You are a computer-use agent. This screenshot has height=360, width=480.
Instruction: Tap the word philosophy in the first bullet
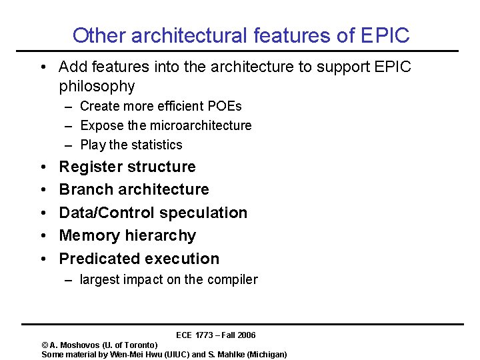coord(97,87)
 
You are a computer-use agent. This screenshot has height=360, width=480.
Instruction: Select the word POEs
coord(225,106)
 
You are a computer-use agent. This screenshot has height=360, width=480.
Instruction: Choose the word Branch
coord(85,189)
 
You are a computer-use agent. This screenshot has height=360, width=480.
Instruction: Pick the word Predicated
coord(96,259)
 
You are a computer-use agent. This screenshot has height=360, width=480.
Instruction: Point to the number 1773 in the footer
coord(205,335)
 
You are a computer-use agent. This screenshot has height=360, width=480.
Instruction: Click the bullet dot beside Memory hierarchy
coord(43,236)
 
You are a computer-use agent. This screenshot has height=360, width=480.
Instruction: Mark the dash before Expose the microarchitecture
coord(69,125)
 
